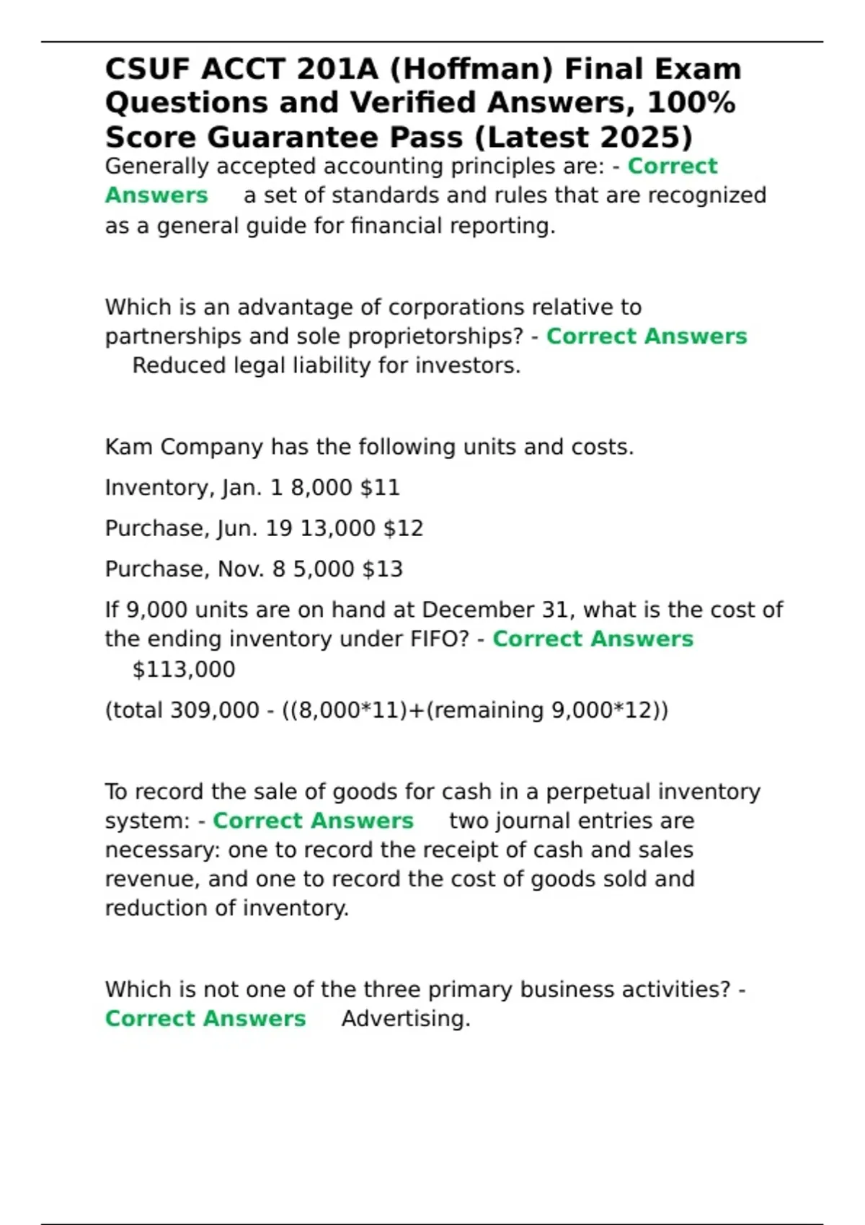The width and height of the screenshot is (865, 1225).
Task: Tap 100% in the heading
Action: click(x=691, y=102)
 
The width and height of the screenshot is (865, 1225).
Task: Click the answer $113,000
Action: click(x=184, y=669)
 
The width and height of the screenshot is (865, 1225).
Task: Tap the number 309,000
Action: click(x=214, y=710)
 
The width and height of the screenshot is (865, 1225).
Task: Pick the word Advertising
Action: click(x=405, y=1019)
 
